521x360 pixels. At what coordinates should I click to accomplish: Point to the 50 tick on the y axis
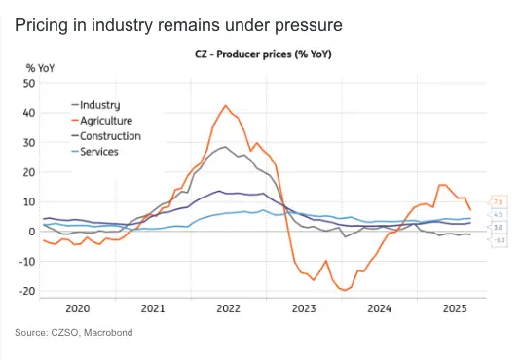(x=28, y=83)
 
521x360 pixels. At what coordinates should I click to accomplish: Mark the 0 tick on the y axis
(x=31, y=232)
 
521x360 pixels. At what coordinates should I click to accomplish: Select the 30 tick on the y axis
(x=28, y=142)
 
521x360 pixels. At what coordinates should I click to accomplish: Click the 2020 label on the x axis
(x=77, y=308)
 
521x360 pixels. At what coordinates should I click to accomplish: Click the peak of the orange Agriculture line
(x=226, y=105)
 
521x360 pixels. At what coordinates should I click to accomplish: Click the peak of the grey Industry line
(x=225, y=147)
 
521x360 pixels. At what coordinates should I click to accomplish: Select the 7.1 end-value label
(x=496, y=201)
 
